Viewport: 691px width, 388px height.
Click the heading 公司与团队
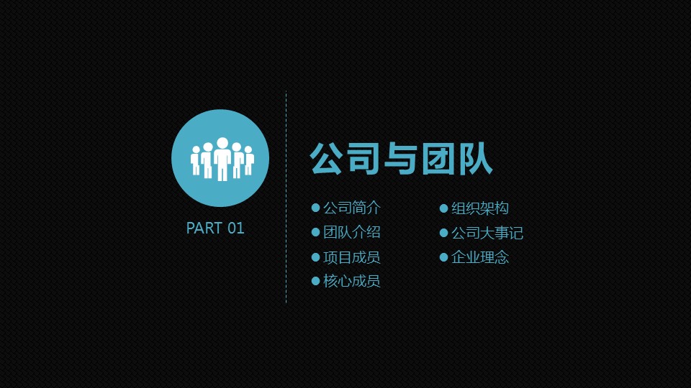(401, 159)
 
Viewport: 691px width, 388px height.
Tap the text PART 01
(215, 228)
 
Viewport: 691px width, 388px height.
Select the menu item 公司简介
(352, 208)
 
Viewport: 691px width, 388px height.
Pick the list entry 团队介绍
(352, 232)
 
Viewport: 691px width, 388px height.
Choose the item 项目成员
(352, 257)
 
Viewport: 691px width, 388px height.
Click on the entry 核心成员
(352, 281)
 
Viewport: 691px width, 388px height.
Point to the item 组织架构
(480, 208)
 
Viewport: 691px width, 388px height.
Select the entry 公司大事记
(487, 233)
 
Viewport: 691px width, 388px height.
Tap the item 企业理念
(480, 257)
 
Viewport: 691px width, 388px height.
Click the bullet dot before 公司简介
(315, 208)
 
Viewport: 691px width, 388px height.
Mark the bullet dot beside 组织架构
(444, 208)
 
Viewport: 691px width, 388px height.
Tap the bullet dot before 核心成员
(315, 281)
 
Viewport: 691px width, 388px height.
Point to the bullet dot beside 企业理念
(444, 257)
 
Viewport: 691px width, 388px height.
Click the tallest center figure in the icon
(222, 160)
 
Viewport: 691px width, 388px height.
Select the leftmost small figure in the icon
(195, 162)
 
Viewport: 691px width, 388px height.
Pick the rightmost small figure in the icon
(249, 161)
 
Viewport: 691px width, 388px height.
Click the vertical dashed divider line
(286, 197)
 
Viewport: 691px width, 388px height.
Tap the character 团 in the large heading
(438, 159)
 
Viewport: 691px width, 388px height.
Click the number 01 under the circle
(236, 228)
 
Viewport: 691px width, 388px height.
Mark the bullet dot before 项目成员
(315, 257)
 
